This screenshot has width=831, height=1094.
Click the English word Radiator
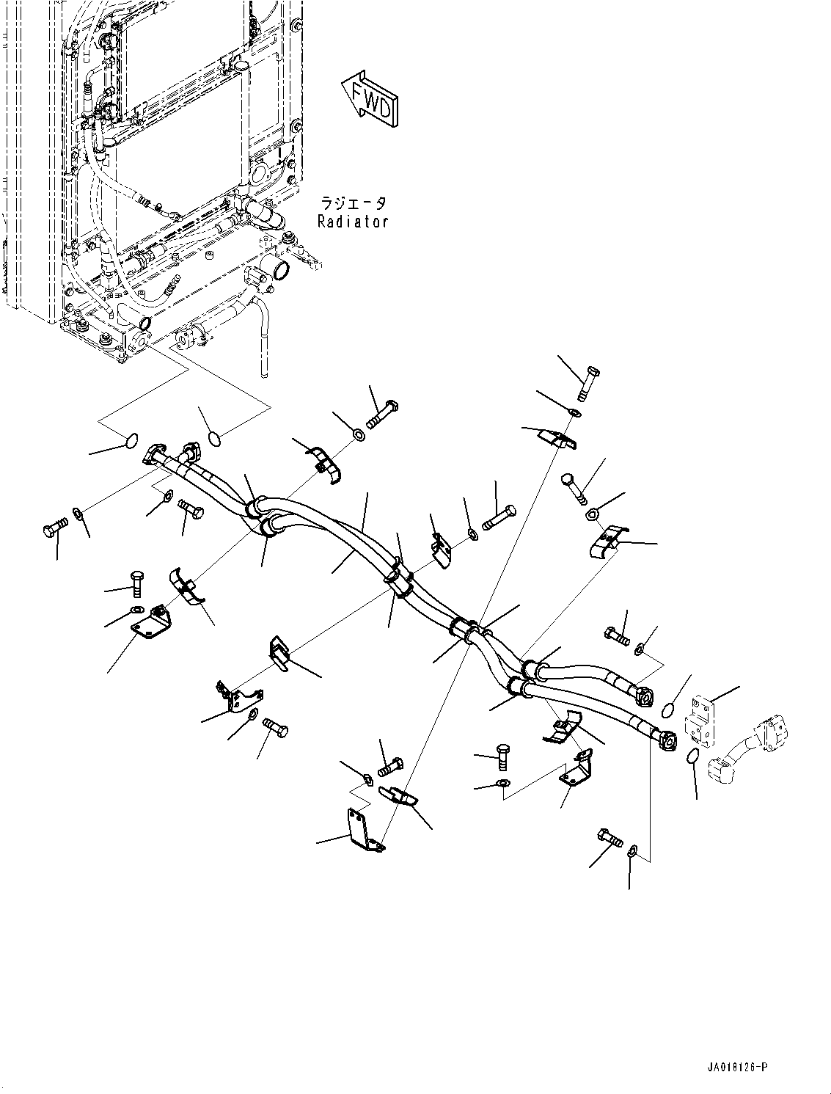[x=352, y=221]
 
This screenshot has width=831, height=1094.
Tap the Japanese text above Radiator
[x=352, y=203]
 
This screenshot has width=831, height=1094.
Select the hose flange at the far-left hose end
[x=155, y=456]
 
